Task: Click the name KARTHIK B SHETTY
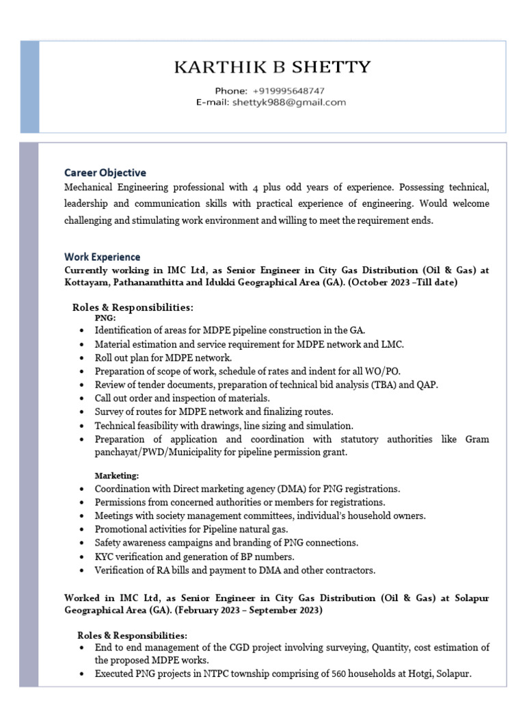pos(273,67)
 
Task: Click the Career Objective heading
pos(105,173)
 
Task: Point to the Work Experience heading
pos(103,257)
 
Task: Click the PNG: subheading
pos(105,318)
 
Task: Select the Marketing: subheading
pos(117,475)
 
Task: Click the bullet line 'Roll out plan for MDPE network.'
pos(163,357)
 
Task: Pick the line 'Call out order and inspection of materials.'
pos(183,398)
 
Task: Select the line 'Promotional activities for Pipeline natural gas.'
pos(191,529)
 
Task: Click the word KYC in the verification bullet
pos(105,556)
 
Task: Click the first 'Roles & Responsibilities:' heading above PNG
pos(133,307)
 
